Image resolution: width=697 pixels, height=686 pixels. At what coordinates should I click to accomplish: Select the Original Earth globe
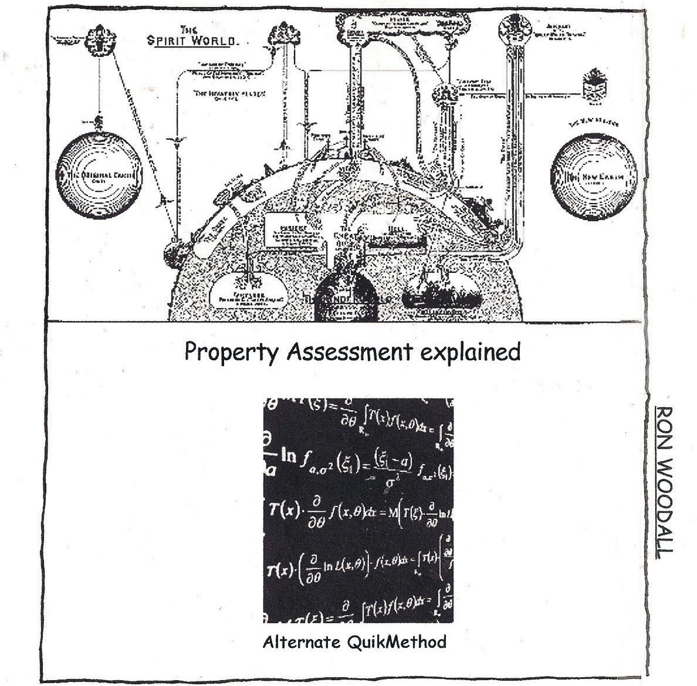pyautogui.click(x=99, y=175)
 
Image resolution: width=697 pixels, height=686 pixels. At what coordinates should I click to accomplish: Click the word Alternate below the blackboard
pyautogui.click(x=302, y=641)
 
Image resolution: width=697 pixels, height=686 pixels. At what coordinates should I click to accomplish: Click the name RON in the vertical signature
pyautogui.click(x=664, y=428)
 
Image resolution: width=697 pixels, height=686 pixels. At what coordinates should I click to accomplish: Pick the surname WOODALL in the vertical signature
pyautogui.click(x=664, y=509)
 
